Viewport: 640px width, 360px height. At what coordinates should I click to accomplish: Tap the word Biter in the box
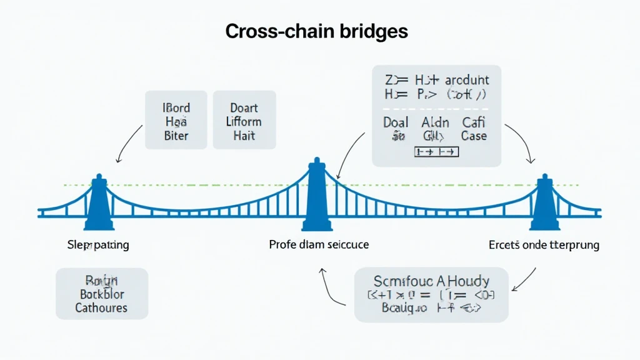[x=176, y=136]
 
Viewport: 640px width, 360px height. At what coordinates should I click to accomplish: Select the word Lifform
[x=244, y=122]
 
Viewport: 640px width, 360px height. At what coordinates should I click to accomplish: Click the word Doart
[x=244, y=108]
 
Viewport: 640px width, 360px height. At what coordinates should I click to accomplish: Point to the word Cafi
[x=474, y=122]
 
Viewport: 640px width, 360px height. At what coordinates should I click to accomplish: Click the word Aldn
[x=435, y=122]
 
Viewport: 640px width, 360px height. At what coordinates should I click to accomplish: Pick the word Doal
[x=396, y=122]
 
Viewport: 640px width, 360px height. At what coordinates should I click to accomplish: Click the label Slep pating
[x=98, y=244]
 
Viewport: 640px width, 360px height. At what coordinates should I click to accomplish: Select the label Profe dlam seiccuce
[x=319, y=244]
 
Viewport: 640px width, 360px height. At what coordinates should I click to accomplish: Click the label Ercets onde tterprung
[x=544, y=244]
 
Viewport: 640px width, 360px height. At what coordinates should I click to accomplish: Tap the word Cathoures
[x=101, y=307]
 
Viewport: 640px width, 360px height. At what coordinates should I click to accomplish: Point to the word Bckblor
[x=102, y=294]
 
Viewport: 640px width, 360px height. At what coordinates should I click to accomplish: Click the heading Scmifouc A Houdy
[x=431, y=281]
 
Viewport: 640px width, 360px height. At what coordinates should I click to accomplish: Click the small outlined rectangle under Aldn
[x=437, y=152]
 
